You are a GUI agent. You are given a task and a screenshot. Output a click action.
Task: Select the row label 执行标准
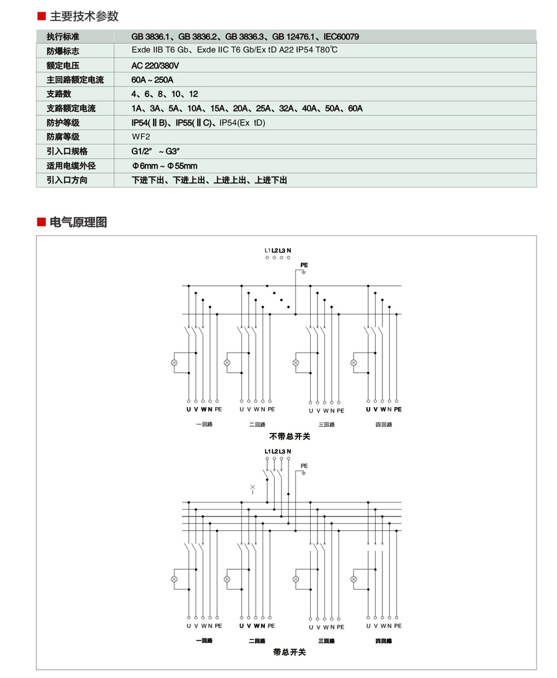[63, 37]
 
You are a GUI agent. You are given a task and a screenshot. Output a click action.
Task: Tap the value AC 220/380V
[155, 66]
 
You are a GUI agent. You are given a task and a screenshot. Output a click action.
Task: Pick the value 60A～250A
[152, 80]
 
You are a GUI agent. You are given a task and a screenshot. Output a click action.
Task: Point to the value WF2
[140, 137]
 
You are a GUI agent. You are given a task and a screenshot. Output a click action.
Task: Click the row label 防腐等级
[63, 137]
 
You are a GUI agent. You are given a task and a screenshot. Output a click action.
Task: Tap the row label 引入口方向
[67, 180]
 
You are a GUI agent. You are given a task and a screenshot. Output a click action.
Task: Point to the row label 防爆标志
[63, 51]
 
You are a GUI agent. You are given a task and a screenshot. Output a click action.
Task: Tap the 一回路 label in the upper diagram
[204, 424]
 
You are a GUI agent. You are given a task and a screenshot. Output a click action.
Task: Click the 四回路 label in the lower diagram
[384, 641]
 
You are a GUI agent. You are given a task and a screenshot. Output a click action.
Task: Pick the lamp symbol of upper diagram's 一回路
[175, 363]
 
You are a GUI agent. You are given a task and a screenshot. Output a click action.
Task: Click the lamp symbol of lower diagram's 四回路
[354, 579]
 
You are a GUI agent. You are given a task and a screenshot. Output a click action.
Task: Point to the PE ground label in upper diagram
[304, 265]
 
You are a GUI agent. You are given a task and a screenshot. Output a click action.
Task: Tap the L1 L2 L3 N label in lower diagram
[277, 451]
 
